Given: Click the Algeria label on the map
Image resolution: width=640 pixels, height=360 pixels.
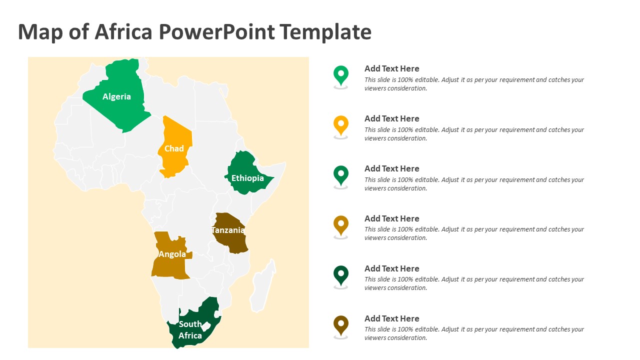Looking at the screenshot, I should (x=116, y=96).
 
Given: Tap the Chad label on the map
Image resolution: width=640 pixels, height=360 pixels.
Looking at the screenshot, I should (x=174, y=148).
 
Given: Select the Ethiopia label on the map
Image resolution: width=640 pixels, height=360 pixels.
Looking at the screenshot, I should (x=247, y=178).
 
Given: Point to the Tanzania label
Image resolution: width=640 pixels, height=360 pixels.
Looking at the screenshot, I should (x=228, y=230).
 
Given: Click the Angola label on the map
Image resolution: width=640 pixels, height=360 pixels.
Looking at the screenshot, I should (x=172, y=254).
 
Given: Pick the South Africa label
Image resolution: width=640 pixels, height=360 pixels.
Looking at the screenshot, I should (x=190, y=329).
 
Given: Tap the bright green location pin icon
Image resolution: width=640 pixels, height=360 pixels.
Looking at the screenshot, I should (x=341, y=75).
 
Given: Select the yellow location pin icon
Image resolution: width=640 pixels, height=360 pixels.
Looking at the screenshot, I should (x=341, y=125).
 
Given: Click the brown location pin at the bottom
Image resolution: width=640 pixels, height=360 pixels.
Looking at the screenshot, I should (x=341, y=325).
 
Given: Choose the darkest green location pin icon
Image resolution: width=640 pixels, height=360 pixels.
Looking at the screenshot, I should (x=341, y=275).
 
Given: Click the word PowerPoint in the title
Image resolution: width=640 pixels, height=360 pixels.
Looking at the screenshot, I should (x=216, y=32).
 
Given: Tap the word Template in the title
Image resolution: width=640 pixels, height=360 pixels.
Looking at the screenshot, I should (x=325, y=32).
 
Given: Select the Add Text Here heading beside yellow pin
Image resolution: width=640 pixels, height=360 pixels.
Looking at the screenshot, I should (x=391, y=118).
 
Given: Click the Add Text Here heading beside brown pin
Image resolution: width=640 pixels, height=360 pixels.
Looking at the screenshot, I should (x=391, y=318).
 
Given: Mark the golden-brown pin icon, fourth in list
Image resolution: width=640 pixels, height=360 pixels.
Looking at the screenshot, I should (x=341, y=225).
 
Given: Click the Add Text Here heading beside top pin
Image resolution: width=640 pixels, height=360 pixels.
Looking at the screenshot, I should (x=391, y=68).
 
